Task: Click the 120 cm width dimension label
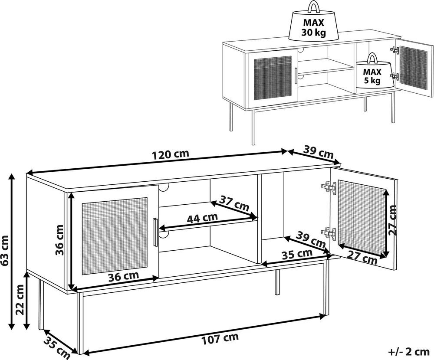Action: click(x=171, y=154)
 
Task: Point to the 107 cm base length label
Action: click(x=220, y=339)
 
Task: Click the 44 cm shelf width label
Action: click(x=202, y=217)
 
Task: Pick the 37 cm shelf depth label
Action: click(x=234, y=203)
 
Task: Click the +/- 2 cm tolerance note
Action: click(x=408, y=352)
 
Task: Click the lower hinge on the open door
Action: click(x=329, y=233)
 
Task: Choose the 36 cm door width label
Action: click(x=123, y=276)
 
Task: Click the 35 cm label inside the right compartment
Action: click(x=297, y=254)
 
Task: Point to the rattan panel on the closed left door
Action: click(x=115, y=236)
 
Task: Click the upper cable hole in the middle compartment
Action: click(x=165, y=188)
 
